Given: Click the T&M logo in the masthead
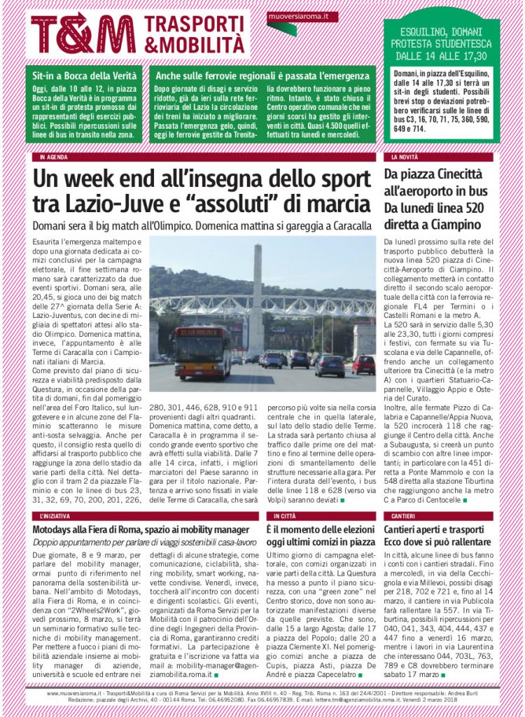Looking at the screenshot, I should pyautogui.click(x=83, y=33).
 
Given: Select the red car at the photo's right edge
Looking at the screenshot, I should pyautogui.click(x=363, y=365).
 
